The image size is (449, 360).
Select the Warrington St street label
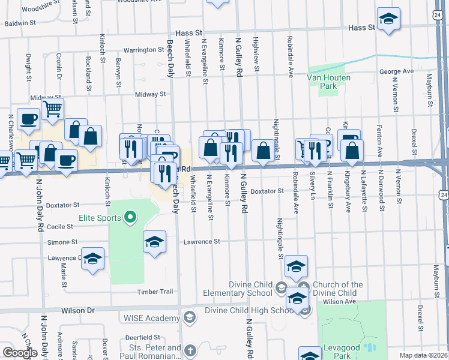coord(144,50)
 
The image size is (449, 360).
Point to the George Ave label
coord(396,71)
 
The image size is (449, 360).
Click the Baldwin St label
coord(21,23)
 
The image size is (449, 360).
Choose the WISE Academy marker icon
coord(190,316)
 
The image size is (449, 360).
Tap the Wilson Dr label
coord(78,311)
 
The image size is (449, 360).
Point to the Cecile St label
coord(60,227)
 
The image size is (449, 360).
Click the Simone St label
coord(62,242)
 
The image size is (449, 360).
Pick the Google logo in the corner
coord(20,353)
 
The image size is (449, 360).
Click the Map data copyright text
coord(423,355)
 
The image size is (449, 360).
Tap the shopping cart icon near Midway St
coord(53,109)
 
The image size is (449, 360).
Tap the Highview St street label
coord(256,55)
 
